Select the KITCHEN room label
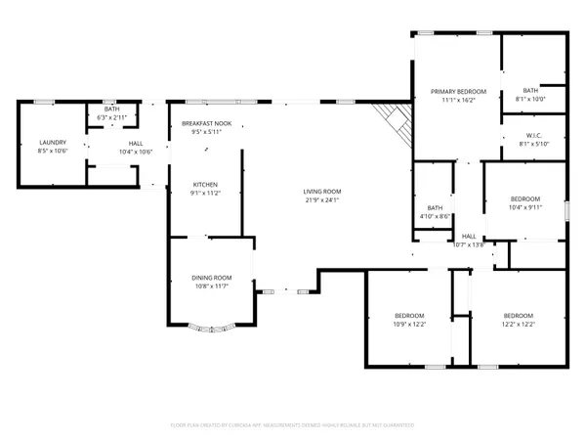tap(205, 185)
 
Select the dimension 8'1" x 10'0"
tap(530, 99)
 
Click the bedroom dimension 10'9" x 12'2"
tap(409, 324)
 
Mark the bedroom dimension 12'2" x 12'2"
tap(518, 324)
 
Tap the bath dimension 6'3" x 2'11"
tap(113, 117)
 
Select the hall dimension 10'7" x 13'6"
tap(469, 244)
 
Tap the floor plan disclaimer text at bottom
tap(293, 425)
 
